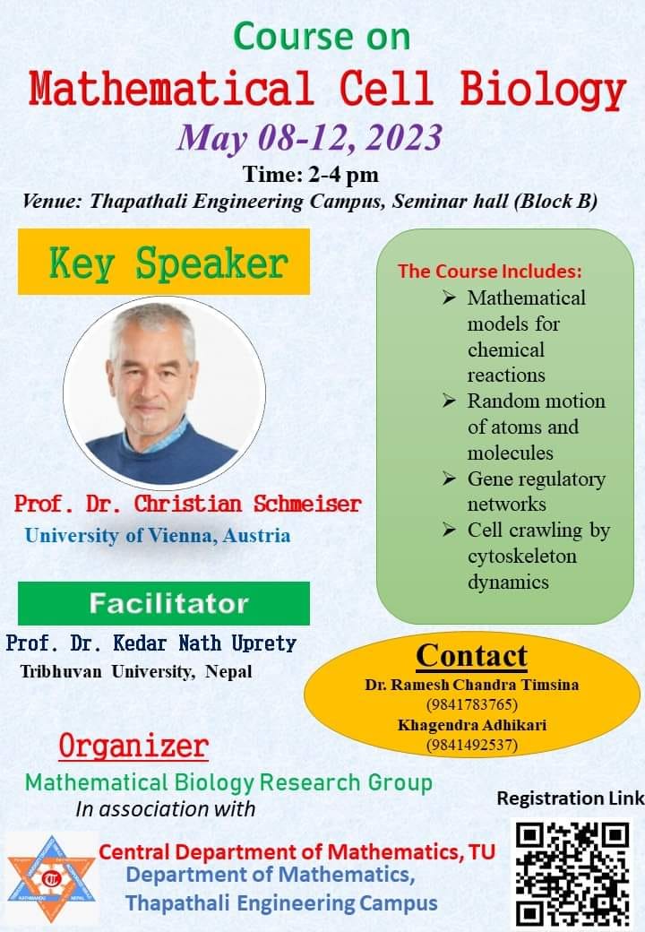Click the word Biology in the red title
coord(543,91)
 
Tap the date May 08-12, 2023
coord(309,137)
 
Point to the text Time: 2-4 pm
coord(311,175)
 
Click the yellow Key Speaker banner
coord(164,262)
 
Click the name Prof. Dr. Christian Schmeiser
coord(188,504)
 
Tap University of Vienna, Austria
coord(158,536)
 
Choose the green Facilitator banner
coord(164,603)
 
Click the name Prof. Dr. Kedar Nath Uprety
coord(150,643)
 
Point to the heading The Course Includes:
coord(490,271)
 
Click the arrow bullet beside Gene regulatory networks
coord(449,479)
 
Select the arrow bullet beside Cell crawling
coord(449,530)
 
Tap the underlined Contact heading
coord(471,656)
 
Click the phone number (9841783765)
coord(472,704)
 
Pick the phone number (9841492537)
coord(472,745)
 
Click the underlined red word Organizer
coord(133,746)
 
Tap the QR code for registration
coord(571,875)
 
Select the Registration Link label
coord(570,798)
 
